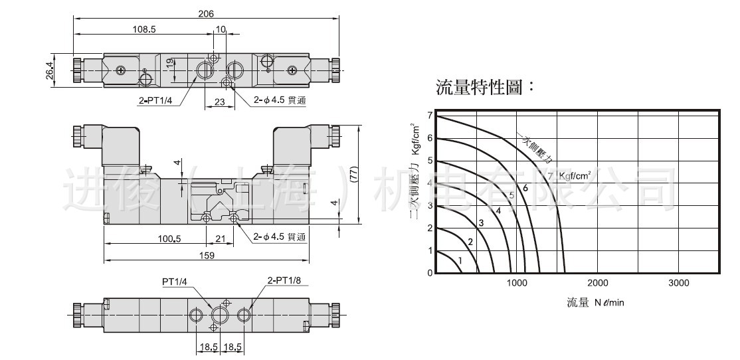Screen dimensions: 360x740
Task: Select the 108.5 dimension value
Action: pos(144,30)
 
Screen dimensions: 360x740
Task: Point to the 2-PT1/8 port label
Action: pos(284,280)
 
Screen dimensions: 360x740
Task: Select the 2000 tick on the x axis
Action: pos(597,283)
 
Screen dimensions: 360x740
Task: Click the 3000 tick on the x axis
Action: pos(678,283)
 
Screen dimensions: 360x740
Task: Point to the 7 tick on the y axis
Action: pos(430,116)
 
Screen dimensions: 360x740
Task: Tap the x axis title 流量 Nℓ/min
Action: pos(595,303)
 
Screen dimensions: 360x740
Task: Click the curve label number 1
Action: pos(459,260)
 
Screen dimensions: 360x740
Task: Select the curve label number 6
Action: pos(525,188)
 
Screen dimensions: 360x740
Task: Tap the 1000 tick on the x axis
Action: pos(517,283)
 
